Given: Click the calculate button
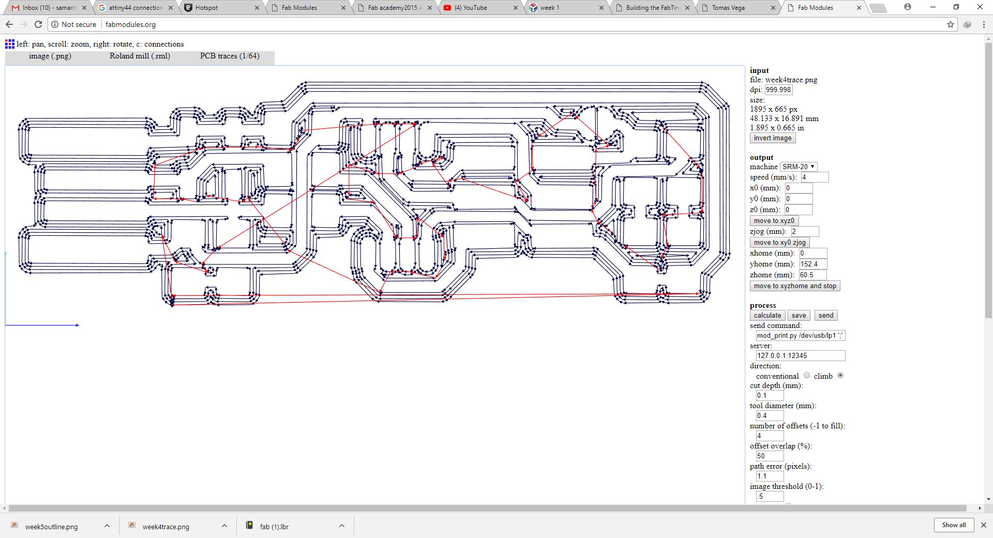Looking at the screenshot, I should coord(768,315).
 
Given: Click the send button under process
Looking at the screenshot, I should coord(825,315).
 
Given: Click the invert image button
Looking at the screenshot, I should coord(772,138).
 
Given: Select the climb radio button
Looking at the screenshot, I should coord(840,376).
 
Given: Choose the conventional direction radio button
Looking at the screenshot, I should coord(807,376).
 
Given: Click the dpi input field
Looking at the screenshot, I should coord(778,89).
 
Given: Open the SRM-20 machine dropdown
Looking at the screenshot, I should coord(799,167).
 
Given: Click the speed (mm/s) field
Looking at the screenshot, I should coord(815,177).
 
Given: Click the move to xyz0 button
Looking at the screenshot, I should coord(774,220).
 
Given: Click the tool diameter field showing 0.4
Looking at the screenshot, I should coord(770,415).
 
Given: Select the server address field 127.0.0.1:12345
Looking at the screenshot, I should coord(800,355).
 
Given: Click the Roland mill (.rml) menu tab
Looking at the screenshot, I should coord(140,56).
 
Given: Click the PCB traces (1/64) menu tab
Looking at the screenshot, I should coord(230,56).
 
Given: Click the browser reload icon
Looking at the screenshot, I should coord(38,24).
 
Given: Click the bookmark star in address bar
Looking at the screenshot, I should coord(951,24).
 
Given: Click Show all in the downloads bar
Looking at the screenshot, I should coord(954,525).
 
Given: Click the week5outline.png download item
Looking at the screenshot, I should coord(52,527).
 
